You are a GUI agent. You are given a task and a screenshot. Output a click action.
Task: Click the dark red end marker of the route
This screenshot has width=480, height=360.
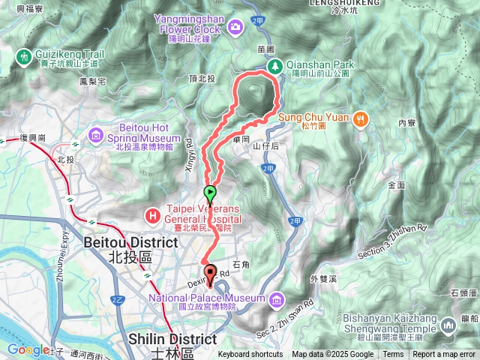coord(209,273)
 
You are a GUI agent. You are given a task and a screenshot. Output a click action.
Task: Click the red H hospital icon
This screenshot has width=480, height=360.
coord(153,216)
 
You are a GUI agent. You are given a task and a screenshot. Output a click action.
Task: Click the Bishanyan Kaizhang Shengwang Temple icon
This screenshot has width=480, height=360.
coord(448,325)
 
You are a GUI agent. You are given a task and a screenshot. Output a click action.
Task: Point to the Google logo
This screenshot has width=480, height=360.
coord(28,349)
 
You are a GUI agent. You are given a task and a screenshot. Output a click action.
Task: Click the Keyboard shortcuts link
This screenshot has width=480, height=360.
coord(250,355)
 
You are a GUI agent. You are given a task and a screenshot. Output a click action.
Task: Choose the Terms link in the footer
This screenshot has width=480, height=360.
coord(393,355)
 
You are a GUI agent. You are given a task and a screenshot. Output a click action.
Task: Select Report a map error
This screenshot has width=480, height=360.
coord(444,355)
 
